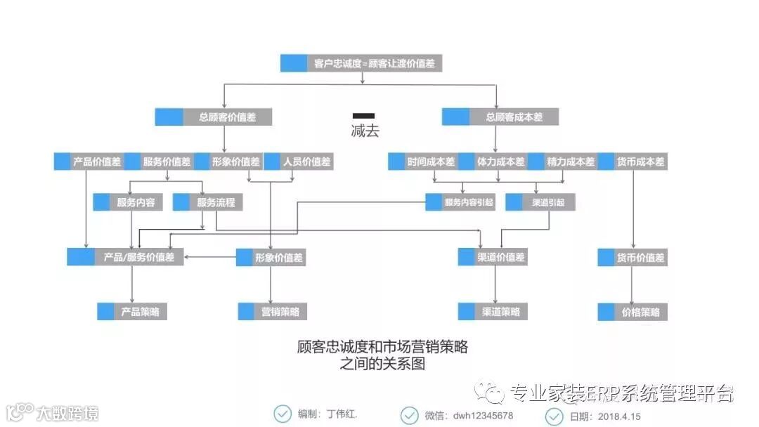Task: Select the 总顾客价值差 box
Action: [213, 117]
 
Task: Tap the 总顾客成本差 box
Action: [500, 117]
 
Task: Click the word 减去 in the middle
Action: [364, 131]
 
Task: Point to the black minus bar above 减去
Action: [363, 115]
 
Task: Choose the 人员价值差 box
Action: [298, 162]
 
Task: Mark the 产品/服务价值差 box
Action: [126, 257]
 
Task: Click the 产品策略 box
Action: [132, 311]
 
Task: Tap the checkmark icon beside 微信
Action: [410, 415]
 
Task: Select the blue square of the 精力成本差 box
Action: [536, 162]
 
